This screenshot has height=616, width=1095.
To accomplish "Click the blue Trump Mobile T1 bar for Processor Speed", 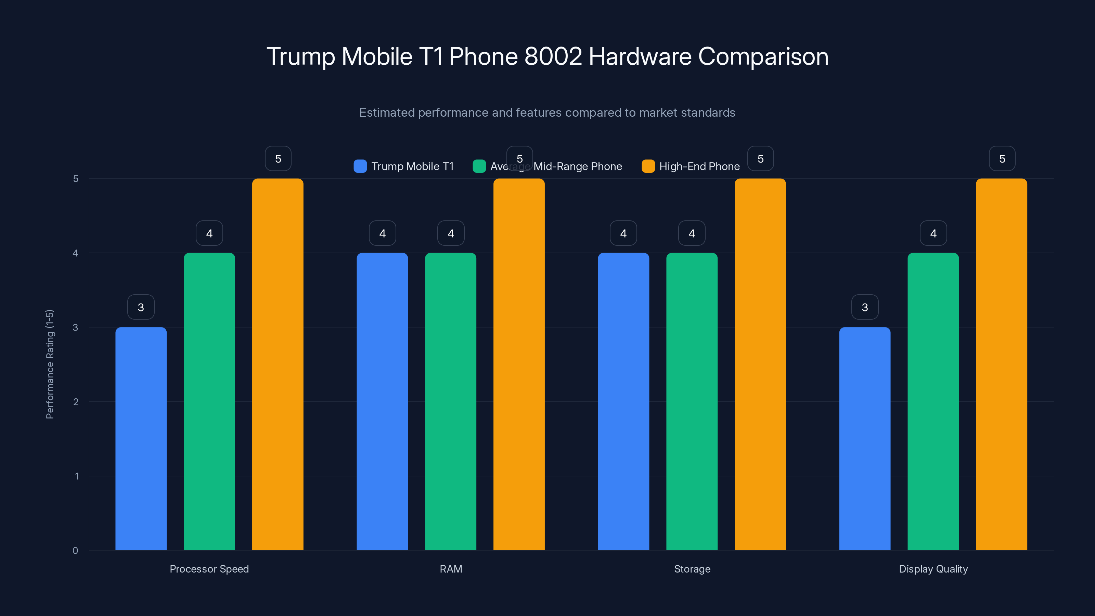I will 141,438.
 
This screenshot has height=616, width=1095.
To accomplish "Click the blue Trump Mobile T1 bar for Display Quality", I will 865,438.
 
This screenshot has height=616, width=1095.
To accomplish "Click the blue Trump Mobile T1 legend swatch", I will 360,166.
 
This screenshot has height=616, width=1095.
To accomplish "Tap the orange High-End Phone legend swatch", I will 648,166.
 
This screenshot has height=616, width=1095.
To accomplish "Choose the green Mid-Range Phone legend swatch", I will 479,166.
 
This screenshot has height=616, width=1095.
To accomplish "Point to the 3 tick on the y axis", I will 76,328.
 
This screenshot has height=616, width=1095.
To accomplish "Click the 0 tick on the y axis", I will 76,551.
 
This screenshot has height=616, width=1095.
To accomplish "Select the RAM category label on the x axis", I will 451,569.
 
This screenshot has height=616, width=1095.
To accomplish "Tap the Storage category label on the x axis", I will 692,569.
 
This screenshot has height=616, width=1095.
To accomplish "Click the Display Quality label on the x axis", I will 933,569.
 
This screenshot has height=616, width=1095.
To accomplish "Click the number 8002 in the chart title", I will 553,56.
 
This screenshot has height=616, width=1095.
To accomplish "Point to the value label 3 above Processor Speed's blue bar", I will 141,307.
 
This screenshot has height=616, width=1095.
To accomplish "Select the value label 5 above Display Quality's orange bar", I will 1002,158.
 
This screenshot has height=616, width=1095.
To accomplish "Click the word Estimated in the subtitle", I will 386,113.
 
